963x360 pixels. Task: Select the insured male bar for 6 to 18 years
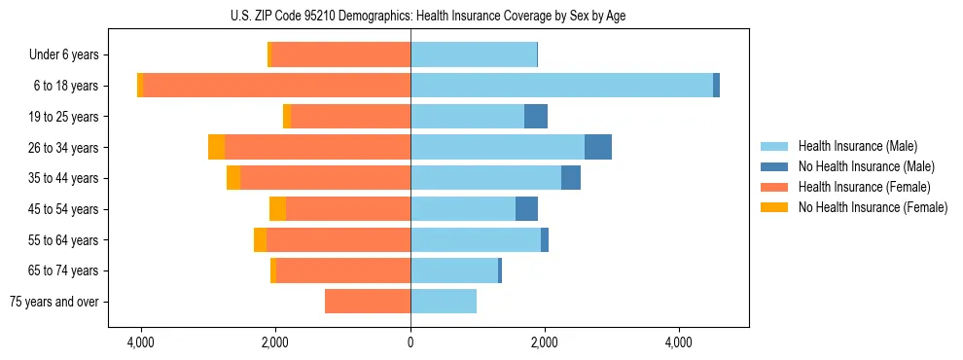561,86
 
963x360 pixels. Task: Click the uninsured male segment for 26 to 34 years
598,147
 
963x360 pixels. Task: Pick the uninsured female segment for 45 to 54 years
278,208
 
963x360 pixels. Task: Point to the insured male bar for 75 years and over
444,302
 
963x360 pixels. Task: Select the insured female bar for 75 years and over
368,302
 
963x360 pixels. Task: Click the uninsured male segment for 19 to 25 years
536,117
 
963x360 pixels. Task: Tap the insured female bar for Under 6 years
341,54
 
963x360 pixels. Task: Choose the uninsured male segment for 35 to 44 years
571,178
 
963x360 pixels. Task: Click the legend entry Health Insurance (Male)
857,146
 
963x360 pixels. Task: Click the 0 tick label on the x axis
410,342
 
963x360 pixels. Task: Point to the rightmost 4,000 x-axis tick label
678,342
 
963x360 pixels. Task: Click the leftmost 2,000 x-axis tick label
275,342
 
